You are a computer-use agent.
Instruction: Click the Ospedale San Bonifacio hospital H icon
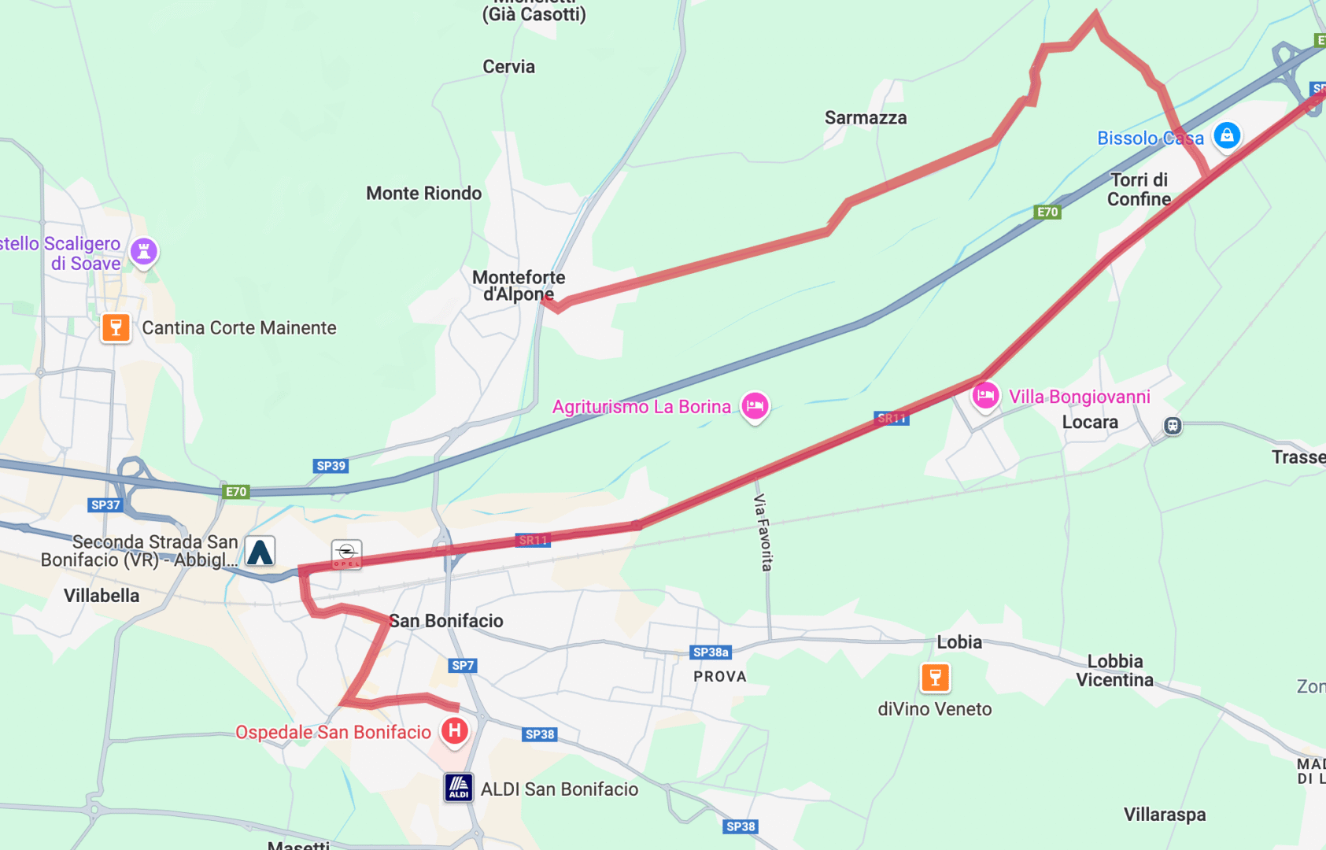(x=455, y=730)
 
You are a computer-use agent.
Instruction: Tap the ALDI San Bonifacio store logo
(x=459, y=787)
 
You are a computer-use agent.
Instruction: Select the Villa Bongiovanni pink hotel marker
(x=985, y=395)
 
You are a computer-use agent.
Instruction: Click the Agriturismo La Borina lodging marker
(x=755, y=406)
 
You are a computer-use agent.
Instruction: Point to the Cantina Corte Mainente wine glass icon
(x=116, y=327)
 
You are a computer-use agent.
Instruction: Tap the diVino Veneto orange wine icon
(x=935, y=677)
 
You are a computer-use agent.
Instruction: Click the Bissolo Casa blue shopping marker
(x=1227, y=135)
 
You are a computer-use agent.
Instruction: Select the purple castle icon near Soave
(x=144, y=252)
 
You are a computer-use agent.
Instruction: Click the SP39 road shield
(x=331, y=466)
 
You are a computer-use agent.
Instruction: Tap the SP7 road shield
(x=463, y=666)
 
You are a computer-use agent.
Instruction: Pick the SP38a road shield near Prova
(x=711, y=652)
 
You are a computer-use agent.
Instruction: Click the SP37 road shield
(x=105, y=505)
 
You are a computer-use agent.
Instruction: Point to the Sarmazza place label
(x=866, y=118)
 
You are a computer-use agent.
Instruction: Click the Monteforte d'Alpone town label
(x=519, y=286)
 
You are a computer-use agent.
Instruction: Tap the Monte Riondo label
(x=423, y=194)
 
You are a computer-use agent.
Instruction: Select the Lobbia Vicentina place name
(x=1114, y=671)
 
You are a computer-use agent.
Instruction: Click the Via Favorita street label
(x=763, y=532)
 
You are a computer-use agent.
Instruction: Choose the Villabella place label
(x=102, y=596)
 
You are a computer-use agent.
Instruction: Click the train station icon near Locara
(x=1173, y=426)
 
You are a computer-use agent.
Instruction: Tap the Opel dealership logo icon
(x=346, y=554)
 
